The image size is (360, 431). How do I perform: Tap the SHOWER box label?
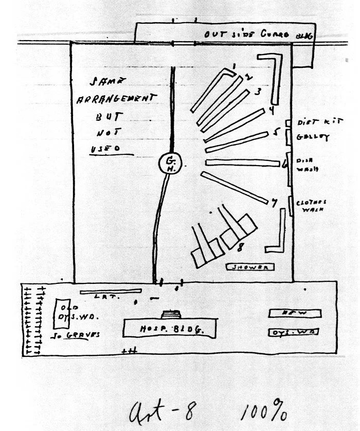(x=250, y=267)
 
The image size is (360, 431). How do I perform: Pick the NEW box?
(x=295, y=313)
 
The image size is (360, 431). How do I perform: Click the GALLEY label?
(x=313, y=137)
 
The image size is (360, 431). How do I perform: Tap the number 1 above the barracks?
(x=233, y=67)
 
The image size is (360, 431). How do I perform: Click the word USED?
(x=105, y=149)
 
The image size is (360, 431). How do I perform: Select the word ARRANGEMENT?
(x=116, y=99)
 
